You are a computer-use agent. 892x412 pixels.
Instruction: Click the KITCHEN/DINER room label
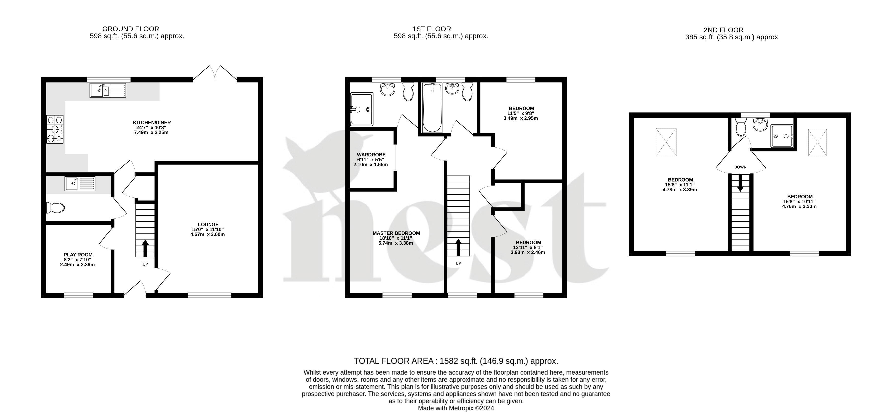click(x=152, y=122)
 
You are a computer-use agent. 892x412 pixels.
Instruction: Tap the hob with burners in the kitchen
click(x=55, y=129)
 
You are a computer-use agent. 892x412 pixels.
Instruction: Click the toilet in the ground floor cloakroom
click(x=55, y=208)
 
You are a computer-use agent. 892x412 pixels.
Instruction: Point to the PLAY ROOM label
click(x=78, y=255)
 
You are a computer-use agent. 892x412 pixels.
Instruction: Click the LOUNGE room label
click(x=208, y=224)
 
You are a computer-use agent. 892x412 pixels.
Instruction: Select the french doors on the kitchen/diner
click(x=215, y=73)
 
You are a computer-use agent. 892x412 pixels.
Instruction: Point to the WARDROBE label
click(x=371, y=155)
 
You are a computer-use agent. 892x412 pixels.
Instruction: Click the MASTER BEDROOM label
click(x=396, y=233)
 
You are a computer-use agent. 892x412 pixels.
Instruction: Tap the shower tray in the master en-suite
click(x=362, y=109)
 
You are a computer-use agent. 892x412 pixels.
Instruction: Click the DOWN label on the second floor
click(x=740, y=167)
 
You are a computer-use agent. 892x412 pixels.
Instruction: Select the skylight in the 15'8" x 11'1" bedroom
click(x=666, y=142)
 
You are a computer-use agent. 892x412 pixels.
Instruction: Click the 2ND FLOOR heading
click(x=733, y=30)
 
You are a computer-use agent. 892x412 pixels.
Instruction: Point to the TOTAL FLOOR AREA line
click(x=456, y=361)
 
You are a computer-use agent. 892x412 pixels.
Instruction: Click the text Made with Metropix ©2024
click(x=456, y=408)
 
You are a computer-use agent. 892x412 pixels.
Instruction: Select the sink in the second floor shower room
click(x=760, y=125)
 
